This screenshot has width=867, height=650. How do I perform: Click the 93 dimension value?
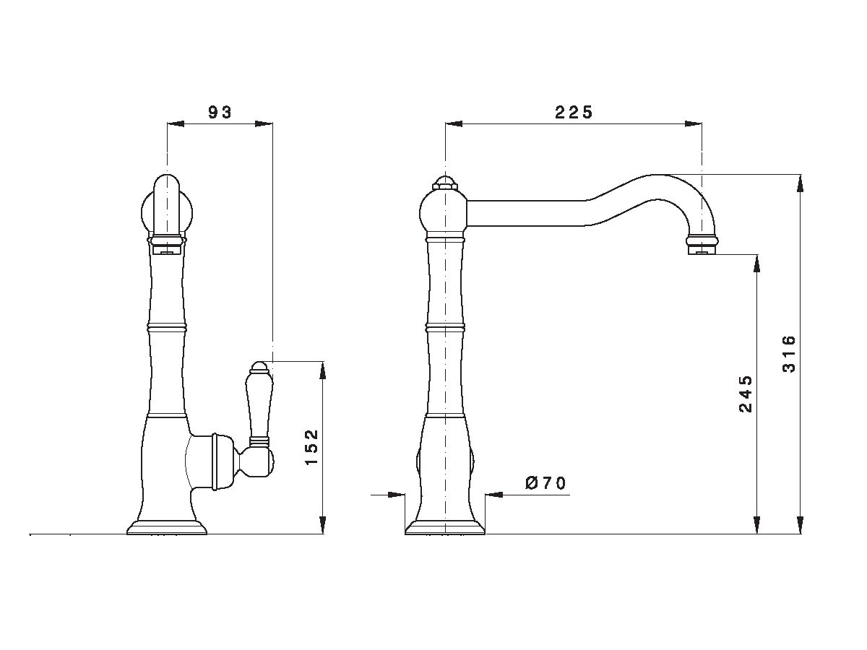[x=220, y=113]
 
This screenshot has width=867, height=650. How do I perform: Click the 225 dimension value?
[x=573, y=113]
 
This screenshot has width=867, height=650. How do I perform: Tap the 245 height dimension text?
[x=746, y=394]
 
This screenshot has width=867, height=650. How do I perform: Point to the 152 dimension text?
[x=311, y=447]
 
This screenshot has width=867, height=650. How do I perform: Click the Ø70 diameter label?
[x=545, y=483]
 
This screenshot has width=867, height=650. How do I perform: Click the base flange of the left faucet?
[x=167, y=527]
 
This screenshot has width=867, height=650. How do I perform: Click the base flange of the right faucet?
[x=445, y=527]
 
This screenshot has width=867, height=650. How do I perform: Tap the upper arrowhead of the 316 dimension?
[x=800, y=183]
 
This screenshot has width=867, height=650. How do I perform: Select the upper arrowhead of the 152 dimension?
[x=322, y=370]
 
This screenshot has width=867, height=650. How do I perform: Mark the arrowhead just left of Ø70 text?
[x=494, y=495]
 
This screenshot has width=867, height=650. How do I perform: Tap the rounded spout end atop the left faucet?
[x=167, y=206]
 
